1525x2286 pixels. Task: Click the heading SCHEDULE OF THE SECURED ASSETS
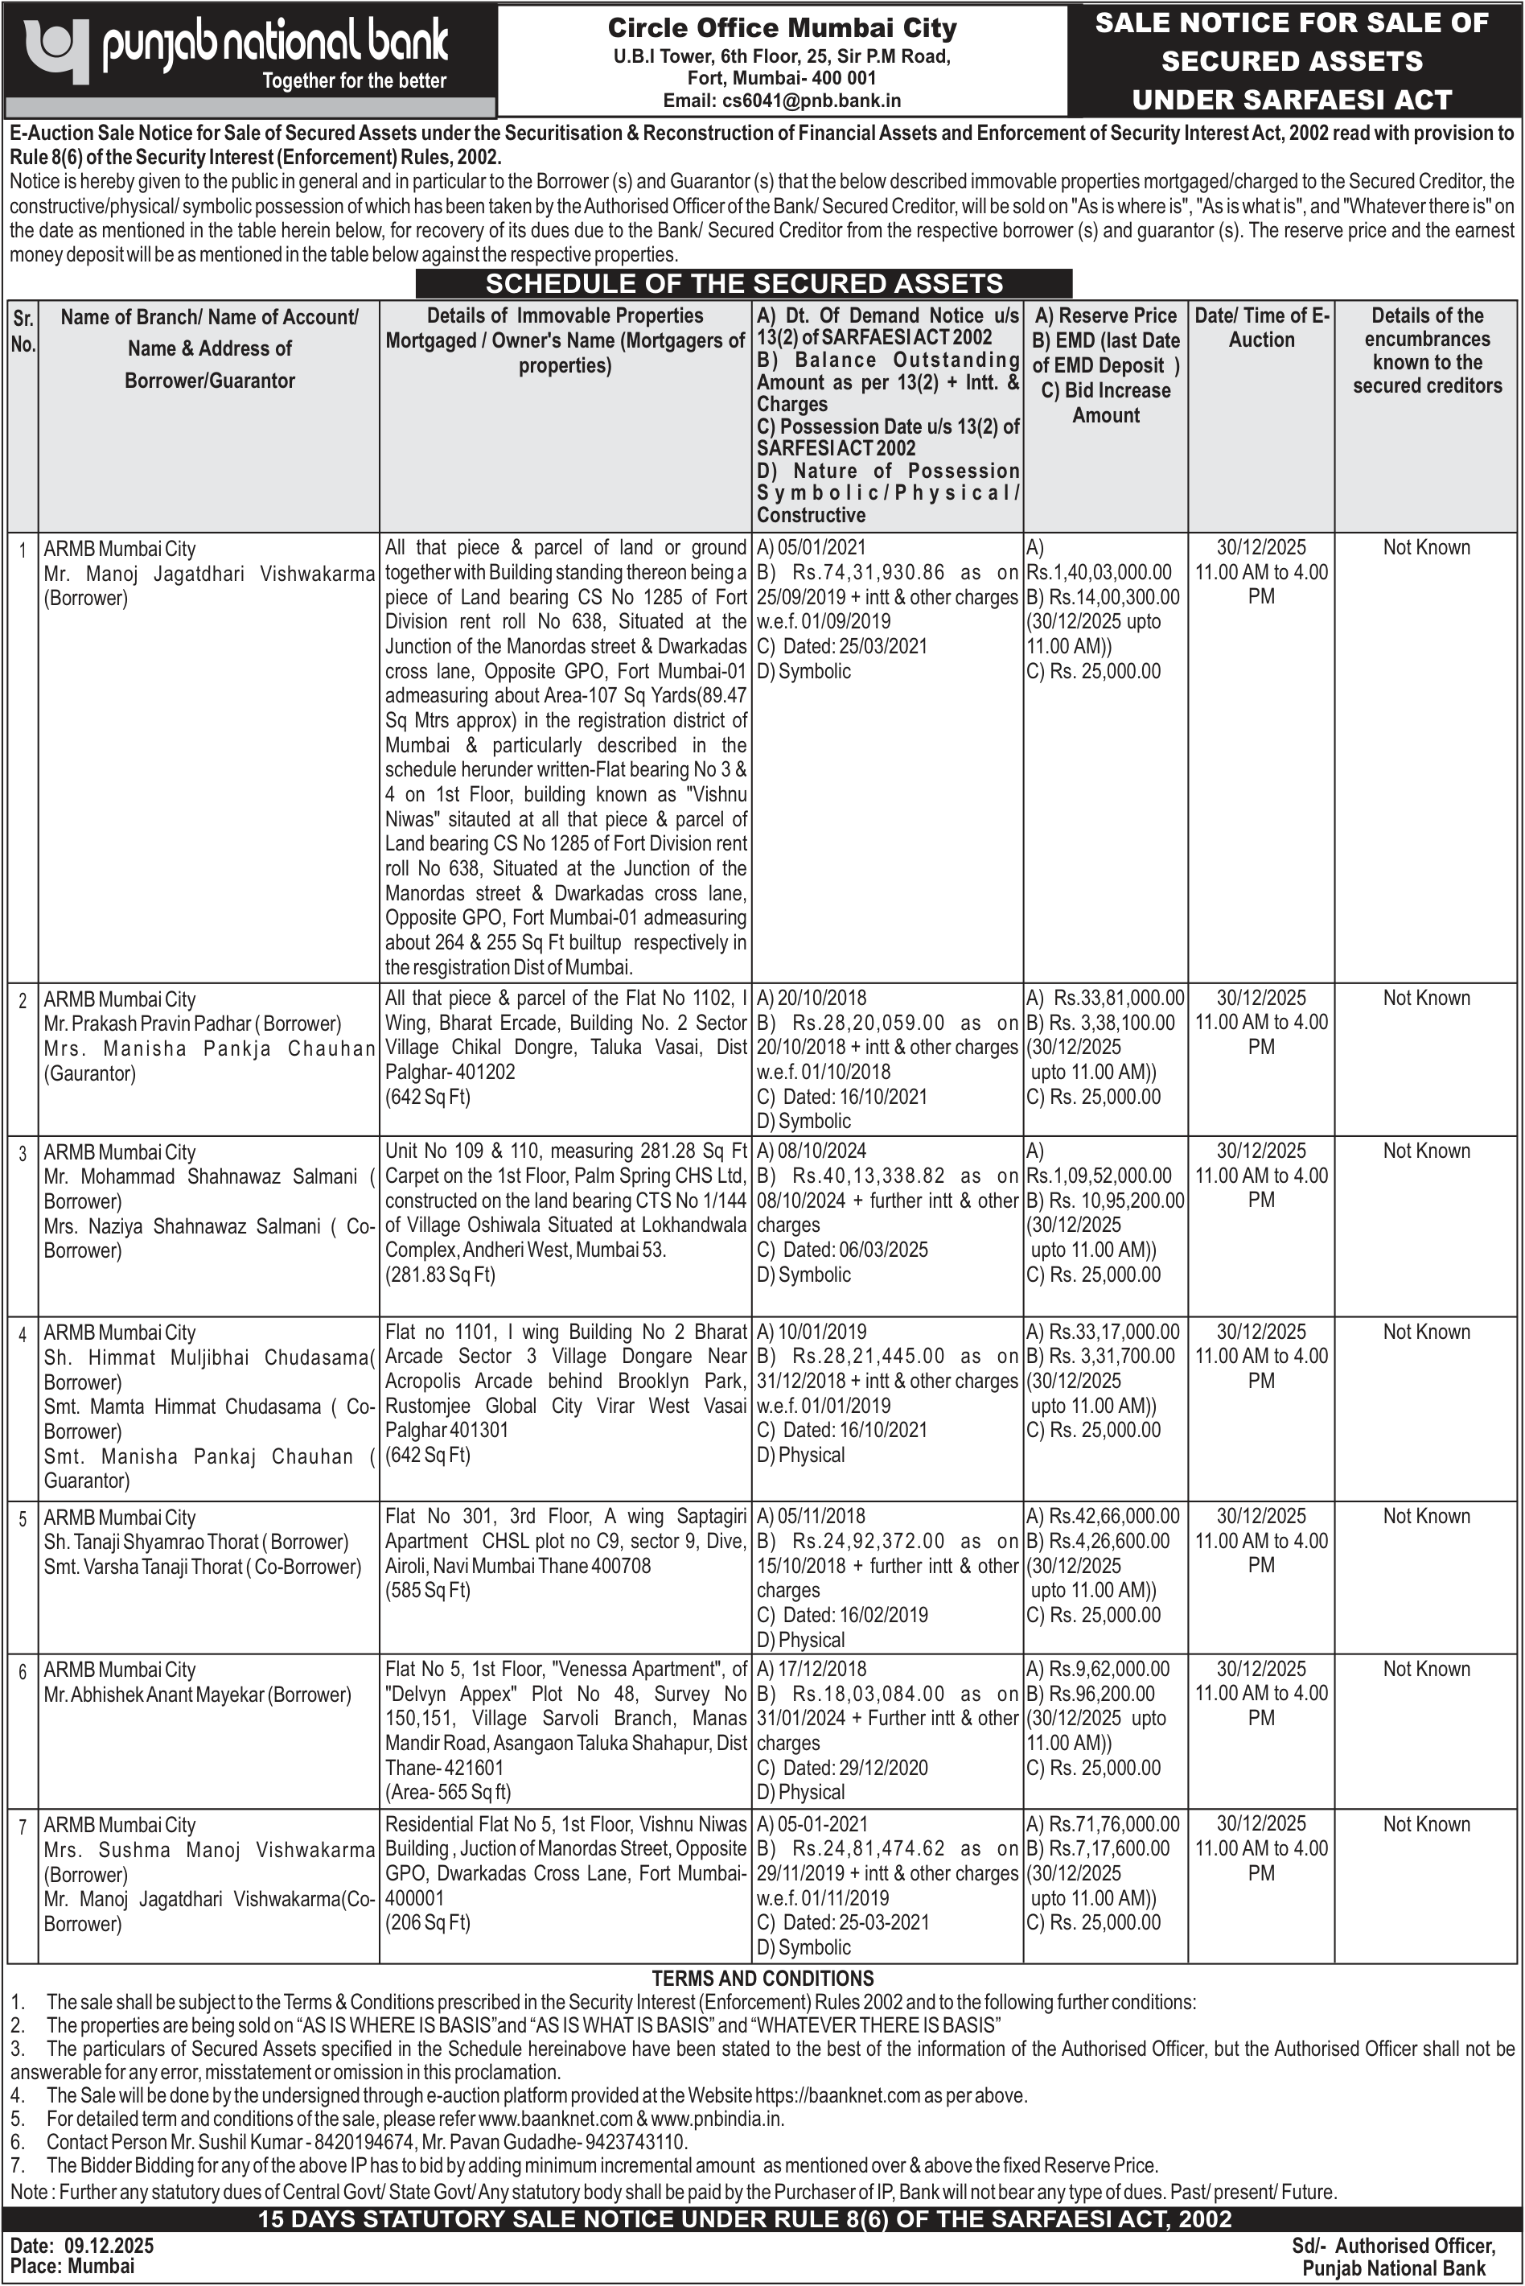click(x=744, y=283)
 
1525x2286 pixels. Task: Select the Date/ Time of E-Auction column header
click(x=1260, y=327)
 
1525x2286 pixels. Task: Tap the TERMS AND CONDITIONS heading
click(x=762, y=1978)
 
